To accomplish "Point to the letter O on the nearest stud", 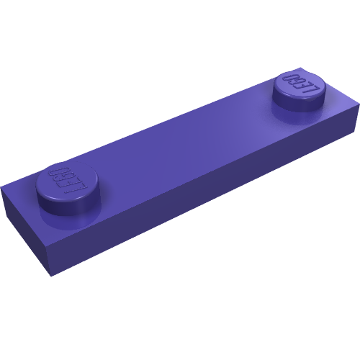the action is click(x=58, y=171).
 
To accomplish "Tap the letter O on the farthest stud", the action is click(x=290, y=77).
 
